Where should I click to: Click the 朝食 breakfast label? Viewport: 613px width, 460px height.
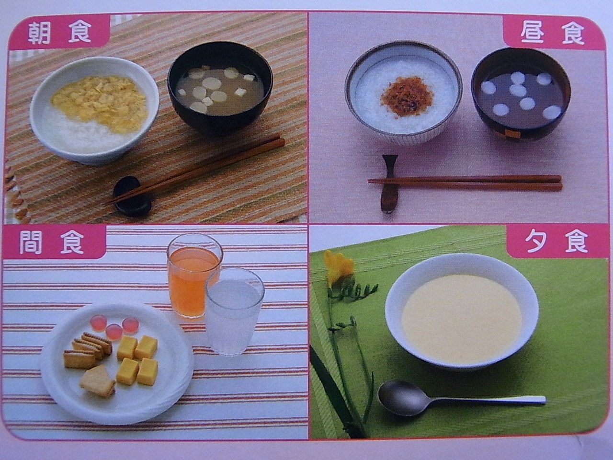coord(59,32)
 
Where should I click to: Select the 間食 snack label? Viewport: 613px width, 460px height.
coord(52,242)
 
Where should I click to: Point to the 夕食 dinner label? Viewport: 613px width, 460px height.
coord(556,241)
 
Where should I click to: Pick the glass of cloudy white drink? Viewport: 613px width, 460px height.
coord(234,311)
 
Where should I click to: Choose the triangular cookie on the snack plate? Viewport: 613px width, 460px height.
coord(98,381)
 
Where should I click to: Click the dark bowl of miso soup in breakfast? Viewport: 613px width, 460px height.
coord(220,89)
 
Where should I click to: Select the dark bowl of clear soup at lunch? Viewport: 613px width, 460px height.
coord(521,93)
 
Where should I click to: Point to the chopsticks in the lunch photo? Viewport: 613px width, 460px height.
coord(465,183)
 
